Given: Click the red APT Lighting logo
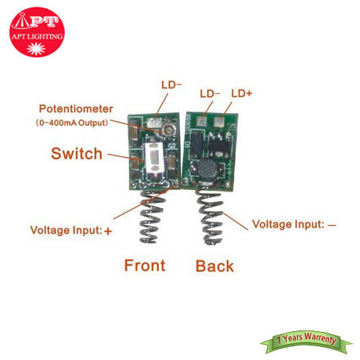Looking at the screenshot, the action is [x=37, y=32].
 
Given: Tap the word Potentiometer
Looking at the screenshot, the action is [x=76, y=109].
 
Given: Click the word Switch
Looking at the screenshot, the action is [x=76, y=153].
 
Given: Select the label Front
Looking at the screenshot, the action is [x=145, y=266].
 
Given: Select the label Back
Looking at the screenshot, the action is [x=215, y=266].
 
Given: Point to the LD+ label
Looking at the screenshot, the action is [x=242, y=94].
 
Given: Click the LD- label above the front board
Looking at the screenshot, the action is [x=171, y=85].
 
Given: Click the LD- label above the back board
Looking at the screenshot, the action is [x=210, y=94].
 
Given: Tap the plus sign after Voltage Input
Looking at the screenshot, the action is [x=108, y=231].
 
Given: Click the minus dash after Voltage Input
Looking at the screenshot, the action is [x=332, y=225].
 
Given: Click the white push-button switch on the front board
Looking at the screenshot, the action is [x=154, y=159].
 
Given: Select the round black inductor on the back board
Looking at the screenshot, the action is [x=207, y=169].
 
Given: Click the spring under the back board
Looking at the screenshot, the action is [x=210, y=217].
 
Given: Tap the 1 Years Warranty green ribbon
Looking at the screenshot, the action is [x=306, y=341].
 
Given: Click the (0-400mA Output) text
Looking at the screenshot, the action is [x=71, y=123].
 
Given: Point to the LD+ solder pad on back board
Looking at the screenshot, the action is [x=219, y=121].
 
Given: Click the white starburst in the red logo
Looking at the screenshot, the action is [x=36, y=49].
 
